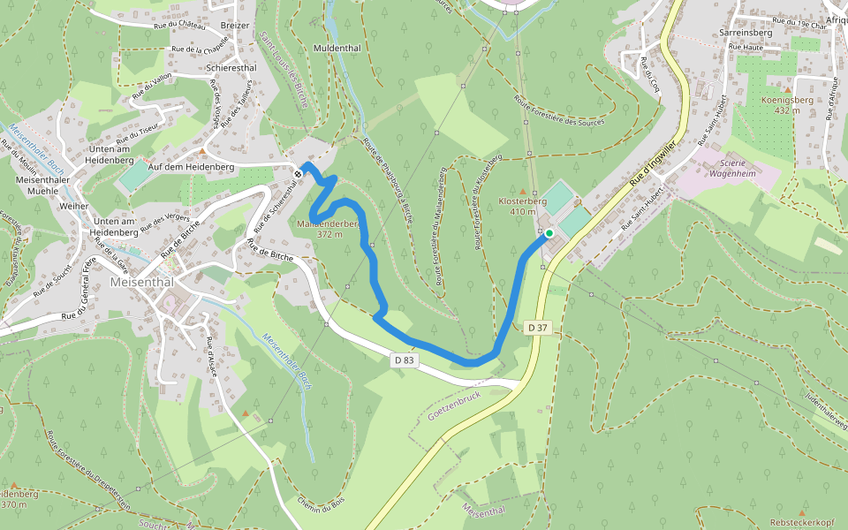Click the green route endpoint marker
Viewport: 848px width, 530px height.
tap(549, 233)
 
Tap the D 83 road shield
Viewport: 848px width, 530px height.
tap(404, 360)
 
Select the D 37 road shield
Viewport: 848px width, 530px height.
tap(538, 328)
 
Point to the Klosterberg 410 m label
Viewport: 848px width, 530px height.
tap(523, 207)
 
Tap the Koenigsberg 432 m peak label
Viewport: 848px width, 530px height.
tap(768, 105)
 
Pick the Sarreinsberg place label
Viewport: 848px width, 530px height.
tap(746, 32)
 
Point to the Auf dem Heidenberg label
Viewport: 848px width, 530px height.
tap(191, 166)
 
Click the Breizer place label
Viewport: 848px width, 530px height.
tap(235, 26)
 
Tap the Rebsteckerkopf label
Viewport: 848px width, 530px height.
tap(802, 522)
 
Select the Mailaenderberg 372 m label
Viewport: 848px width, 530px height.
tap(334, 229)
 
